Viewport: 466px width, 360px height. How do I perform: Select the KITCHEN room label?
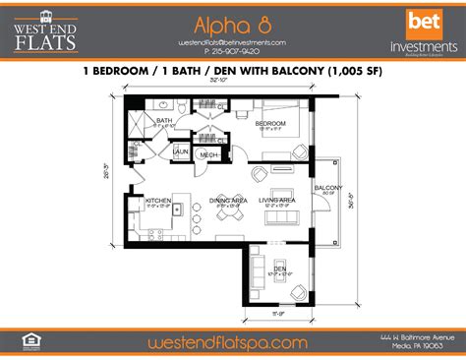tap(158, 200)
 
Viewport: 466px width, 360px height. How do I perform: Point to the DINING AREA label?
tap(228, 200)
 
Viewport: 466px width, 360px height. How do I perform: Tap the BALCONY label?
tap(327, 187)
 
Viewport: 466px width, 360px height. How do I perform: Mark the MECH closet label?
tap(209, 153)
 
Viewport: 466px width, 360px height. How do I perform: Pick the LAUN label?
tap(181, 151)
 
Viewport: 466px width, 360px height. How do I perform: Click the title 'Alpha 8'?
tap(232, 24)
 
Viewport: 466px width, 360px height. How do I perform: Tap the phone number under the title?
tap(233, 54)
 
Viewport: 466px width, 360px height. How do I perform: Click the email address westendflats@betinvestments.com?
tap(233, 43)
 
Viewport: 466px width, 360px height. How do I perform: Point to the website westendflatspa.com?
tap(232, 342)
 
